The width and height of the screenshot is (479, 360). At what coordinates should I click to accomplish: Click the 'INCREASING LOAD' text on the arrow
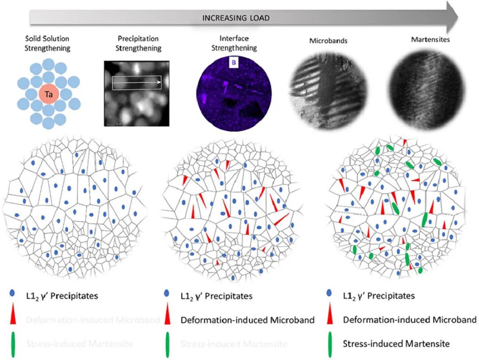tap(236, 18)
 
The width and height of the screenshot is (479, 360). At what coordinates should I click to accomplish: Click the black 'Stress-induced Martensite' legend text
tap(397, 343)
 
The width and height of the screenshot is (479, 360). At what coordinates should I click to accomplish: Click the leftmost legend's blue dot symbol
tap(12, 293)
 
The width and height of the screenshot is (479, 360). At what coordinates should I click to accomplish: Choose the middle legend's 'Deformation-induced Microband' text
tap(247, 320)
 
